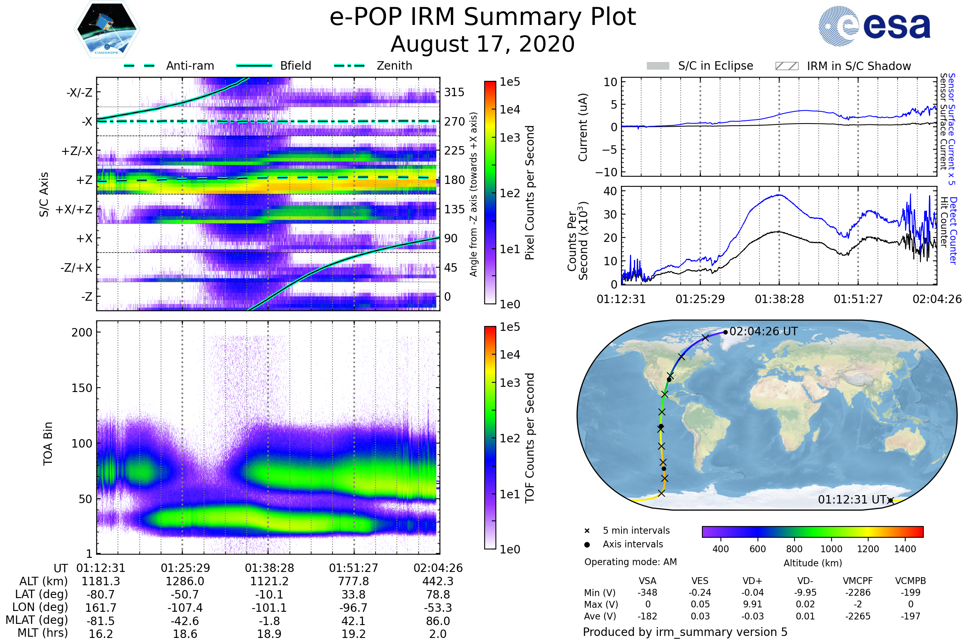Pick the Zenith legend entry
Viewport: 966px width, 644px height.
pyautogui.click(x=373, y=66)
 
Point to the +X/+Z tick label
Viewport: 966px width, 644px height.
pyautogui.click(x=74, y=209)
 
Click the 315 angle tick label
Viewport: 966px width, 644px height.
pyautogui.click(x=454, y=92)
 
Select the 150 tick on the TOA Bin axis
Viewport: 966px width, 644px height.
pyautogui.click(x=82, y=388)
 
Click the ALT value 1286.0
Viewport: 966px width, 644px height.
pyautogui.click(x=185, y=581)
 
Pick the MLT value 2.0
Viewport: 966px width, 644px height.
pyautogui.click(x=438, y=634)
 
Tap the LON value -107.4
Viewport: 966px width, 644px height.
pyautogui.click(x=185, y=607)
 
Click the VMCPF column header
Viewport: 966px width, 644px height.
pyautogui.click(x=858, y=581)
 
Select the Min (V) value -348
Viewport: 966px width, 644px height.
pyautogui.click(x=647, y=592)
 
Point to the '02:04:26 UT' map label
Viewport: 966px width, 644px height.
pyautogui.click(x=763, y=331)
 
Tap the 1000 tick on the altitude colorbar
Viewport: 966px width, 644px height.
pyautogui.click(x=831, y=549)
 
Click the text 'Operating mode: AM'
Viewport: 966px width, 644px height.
pyautogui.click(x=630, y=562)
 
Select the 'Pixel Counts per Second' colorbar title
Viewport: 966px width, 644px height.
pyautogui.click(x=530, y=192)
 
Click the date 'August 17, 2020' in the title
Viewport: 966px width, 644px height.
pyautogui.click(x=483, y=44)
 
